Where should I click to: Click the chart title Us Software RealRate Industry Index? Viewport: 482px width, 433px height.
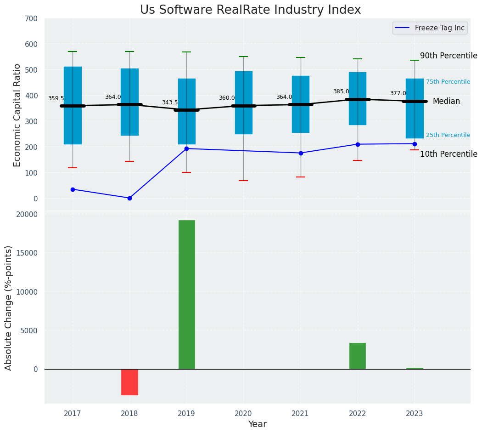click(250, 10)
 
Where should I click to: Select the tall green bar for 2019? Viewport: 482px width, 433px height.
click(186, 294)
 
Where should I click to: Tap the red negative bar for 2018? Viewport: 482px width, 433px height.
click(129, 382)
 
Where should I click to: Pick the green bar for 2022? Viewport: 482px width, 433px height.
click(358, 356)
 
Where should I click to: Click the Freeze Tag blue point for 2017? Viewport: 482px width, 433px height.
click(73, 189)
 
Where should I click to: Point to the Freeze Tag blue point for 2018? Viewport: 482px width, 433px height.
click(129, 198)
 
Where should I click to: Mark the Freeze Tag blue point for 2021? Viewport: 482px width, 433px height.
click(301, 153)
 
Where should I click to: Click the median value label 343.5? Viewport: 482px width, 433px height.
click(169, 103)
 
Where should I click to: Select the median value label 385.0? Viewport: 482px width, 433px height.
click(341, 91)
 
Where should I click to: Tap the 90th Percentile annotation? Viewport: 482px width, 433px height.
click(448, 56)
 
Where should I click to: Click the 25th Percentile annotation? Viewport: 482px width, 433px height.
click(448, 135)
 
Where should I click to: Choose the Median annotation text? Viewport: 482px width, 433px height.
click(446, 102)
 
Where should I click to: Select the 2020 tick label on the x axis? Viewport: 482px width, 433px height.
click(243, 414)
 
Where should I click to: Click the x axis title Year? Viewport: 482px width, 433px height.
click(257, 424)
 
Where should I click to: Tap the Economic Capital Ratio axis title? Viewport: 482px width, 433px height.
click(17, 115)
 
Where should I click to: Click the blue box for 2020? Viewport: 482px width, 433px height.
click(243, 103)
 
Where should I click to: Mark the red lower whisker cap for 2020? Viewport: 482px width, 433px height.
click(243, 181)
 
